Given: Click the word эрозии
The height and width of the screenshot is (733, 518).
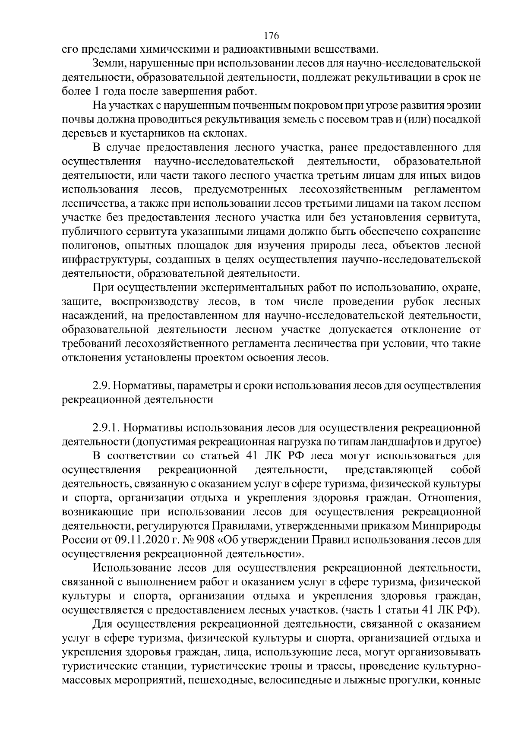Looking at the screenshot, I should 461,105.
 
